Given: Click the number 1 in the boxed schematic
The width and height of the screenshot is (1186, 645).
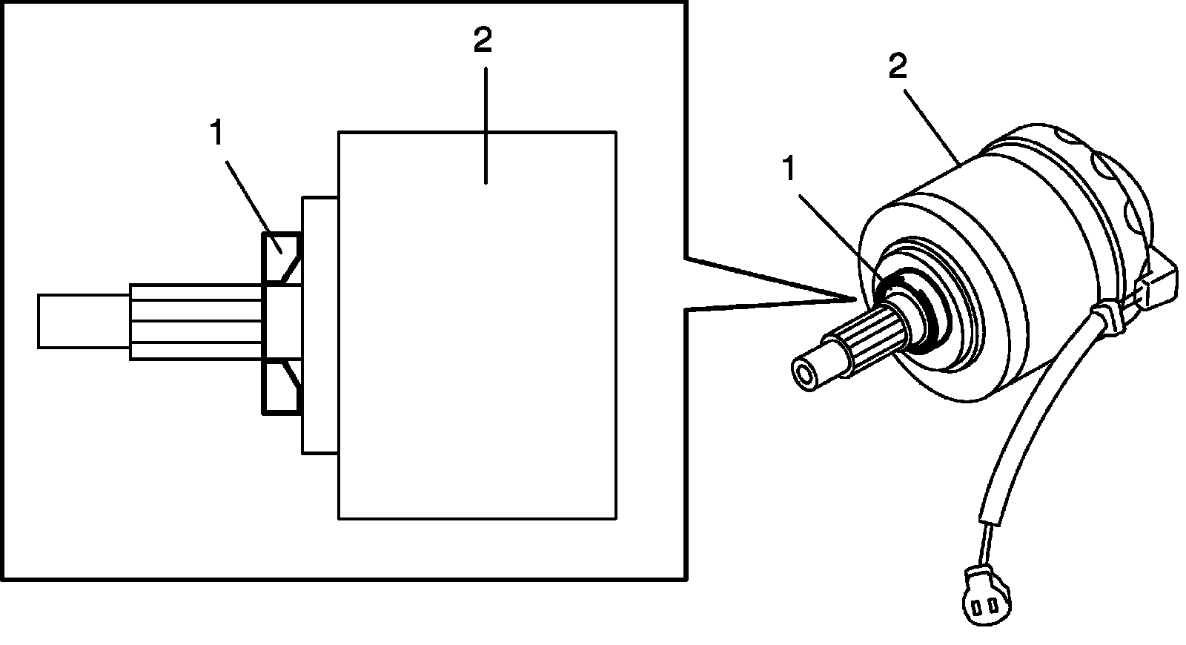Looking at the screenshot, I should tap(216, 134).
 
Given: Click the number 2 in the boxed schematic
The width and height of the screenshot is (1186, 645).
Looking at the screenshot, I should tap(482, 40).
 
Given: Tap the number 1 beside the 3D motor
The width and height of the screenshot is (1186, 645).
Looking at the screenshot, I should tap(789, 170).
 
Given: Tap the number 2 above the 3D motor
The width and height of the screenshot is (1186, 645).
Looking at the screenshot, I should tap(897, 69).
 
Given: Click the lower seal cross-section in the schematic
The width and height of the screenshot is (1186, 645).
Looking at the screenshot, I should tap(279, 386).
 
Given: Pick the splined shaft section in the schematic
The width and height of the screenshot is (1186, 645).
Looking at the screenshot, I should tap(196, 321).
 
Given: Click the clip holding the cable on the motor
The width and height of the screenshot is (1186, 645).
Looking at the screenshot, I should tap(1109, 320).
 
